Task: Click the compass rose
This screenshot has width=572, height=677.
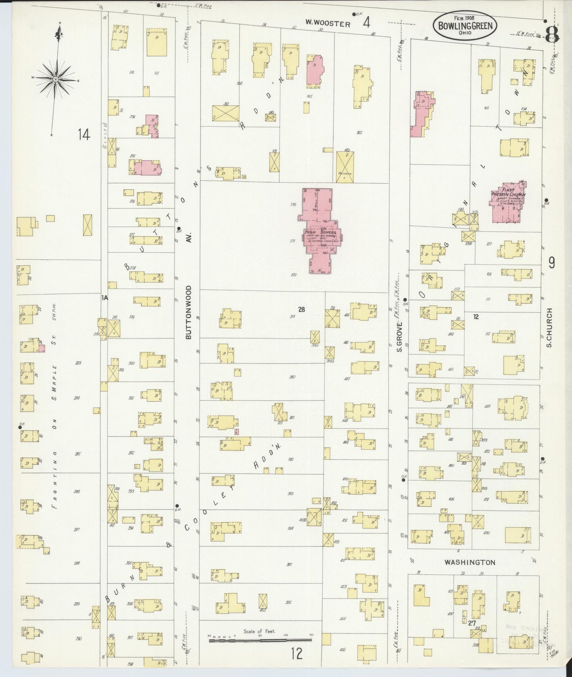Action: tap(56, 79)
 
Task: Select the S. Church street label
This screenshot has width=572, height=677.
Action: tap(549, 327)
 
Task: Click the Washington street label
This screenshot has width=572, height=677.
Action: tap(469, 562)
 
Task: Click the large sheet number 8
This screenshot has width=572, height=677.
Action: tap(553, 36)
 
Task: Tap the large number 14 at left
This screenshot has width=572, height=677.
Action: tap(84, 135)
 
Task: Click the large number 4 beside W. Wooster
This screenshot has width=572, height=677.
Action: tap(366, 23)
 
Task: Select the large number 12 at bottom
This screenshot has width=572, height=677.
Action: tap(296, 653)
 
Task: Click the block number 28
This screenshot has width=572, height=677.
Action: tap(302, 310)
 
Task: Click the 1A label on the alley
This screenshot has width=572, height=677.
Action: tap(105, 297)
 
